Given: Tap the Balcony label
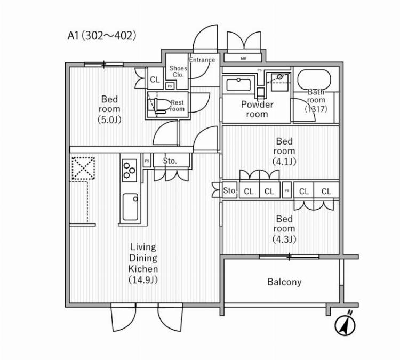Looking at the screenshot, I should tap(284, 282).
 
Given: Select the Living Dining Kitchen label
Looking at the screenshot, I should tap(143, 263).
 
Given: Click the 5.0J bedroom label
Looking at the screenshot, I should tap(109, 109).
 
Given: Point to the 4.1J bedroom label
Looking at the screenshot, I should tap(284, 151).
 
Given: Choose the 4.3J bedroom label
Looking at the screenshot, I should tap(284, 228).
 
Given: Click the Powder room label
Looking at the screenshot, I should tap(257, 109).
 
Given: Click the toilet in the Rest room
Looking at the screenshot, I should tap(159, 104).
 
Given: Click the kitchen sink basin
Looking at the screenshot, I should tap(130, 207).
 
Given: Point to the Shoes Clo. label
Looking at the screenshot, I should tap(178, 71).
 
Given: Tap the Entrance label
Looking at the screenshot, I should tap(202, 60).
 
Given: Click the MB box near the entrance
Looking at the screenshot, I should tap(243, 58).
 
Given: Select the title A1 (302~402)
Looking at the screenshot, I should tap(102, 36).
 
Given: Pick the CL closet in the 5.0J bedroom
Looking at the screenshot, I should tap(155, 79).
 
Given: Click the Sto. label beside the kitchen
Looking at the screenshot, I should tap(170, 161).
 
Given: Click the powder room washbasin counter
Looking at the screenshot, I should tap(239, 85).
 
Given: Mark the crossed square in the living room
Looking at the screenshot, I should tap(82, 169).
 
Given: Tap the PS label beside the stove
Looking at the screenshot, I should tap(146, 161).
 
